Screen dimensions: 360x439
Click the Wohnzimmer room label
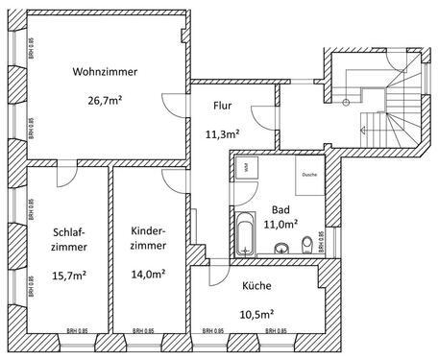(x=104, y=72)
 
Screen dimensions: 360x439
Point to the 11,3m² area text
(x=223, y=134)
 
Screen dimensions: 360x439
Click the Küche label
(x=256, y=285)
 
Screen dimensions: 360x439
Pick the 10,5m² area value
(x=256, y=313)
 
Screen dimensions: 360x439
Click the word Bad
(x=280, y=209)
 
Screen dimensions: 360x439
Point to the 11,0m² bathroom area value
(x=280, y=224)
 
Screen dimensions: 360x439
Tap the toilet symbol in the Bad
(x=305, y=244)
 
